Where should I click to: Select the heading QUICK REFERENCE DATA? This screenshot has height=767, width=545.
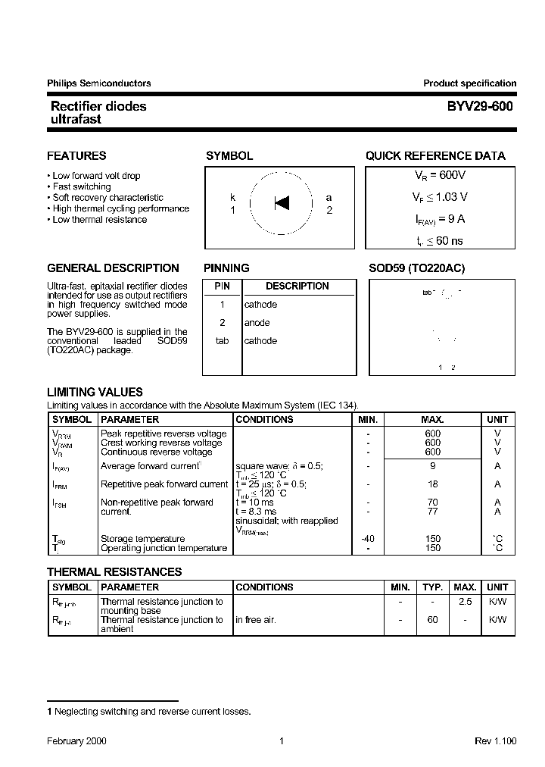[435, 156]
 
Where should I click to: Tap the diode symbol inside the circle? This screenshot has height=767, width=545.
[282, 203]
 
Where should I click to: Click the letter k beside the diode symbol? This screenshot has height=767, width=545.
[233, 198]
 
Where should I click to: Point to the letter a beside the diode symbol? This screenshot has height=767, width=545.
[329, 198]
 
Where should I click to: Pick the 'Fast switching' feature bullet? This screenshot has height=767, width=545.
[81, 186]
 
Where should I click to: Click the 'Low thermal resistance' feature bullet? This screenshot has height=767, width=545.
[99, 220]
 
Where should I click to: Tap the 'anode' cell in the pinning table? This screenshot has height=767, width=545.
[257, 323]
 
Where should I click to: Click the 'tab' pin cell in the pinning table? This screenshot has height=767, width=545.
[222, 341]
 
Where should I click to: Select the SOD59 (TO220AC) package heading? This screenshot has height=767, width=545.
[416, 268]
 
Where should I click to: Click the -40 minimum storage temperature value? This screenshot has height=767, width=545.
[368, 539]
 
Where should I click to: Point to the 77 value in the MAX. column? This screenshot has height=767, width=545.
[432, 512]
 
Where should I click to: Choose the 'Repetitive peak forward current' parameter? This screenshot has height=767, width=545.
[163, 484]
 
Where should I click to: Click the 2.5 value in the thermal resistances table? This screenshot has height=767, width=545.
[465, 601]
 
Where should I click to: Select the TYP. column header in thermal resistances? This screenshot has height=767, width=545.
[432, 587]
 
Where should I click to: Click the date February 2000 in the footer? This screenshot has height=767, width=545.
[76, 741]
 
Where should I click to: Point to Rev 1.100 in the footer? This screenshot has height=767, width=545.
[495, 741]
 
